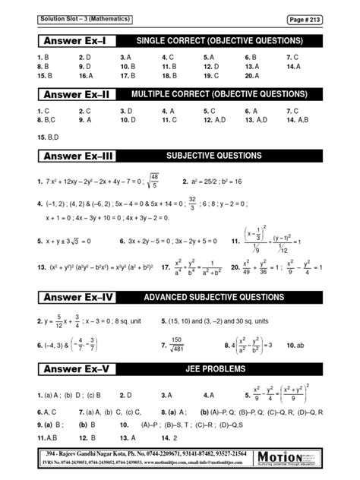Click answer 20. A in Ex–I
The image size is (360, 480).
(253, 76)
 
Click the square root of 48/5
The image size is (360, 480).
(153, 182)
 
